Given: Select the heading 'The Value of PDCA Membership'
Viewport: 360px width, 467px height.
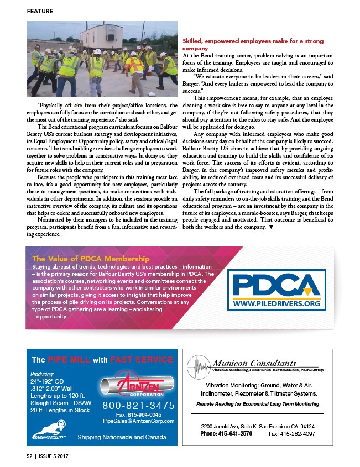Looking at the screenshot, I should pyautogui.click(x=91, y=258).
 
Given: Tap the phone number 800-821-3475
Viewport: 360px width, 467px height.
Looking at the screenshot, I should pyautogui.click(x=138, y=406).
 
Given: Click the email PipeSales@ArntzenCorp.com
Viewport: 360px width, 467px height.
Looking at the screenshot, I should pyautogui.click(x=138, y=421).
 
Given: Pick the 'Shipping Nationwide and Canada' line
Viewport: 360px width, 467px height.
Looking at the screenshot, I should pyautogui.click(x=122, y=437).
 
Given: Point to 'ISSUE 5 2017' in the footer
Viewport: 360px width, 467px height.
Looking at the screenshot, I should pyautogui.click(x=56, y=457).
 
